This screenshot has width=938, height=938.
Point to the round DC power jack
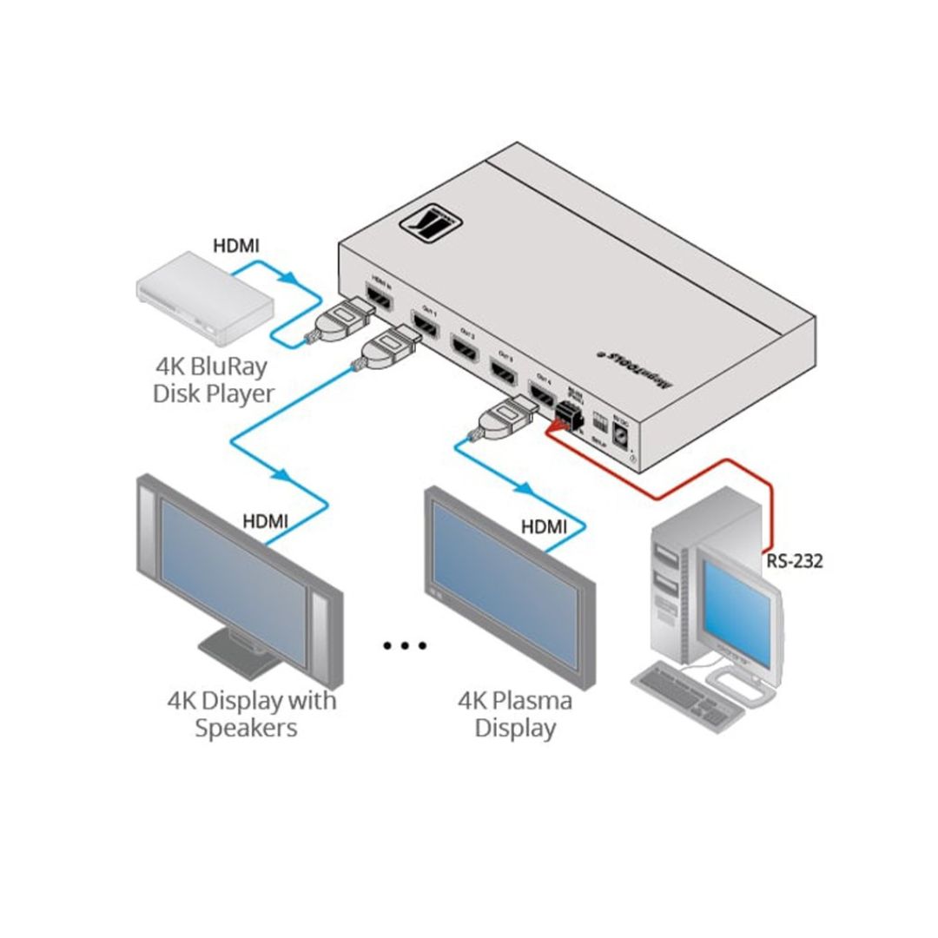point(622,434)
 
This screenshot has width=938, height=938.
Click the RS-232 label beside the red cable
point(794,561)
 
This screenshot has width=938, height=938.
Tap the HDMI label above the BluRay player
point(236,247)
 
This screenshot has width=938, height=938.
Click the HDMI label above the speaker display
point(265,521)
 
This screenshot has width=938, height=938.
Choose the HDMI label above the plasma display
point(544,525)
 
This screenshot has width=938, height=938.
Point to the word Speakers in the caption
point(247,728)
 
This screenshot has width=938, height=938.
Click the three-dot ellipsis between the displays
point(405,645)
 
